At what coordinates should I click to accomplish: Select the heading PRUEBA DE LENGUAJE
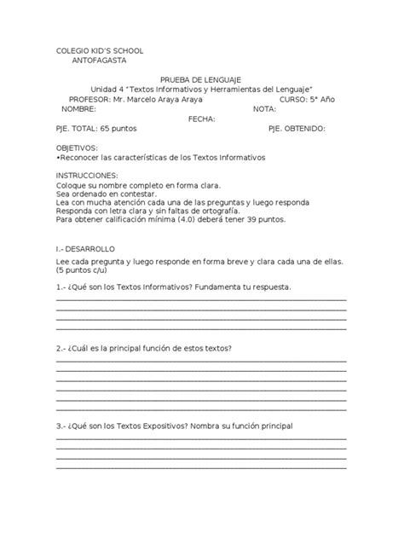pos(201,78)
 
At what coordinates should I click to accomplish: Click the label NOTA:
pos(265,109)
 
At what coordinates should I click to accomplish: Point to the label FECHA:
pos(201,119)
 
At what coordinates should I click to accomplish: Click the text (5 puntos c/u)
pos(86,272)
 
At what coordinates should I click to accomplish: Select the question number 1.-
pos(61,287)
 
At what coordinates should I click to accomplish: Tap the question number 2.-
pos(61,349)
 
